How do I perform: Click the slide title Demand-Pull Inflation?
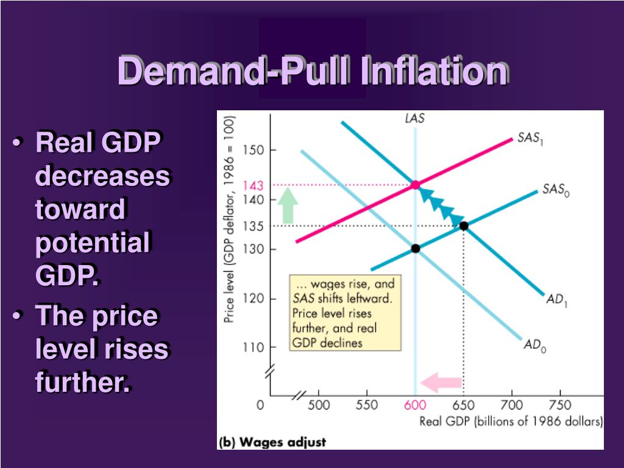point(313,71)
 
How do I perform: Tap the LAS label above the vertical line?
point(415,119)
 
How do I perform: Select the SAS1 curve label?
point(530,138)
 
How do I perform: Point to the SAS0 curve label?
point(556,190)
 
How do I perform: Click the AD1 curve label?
point(557,300)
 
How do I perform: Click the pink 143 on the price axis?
point(252,185)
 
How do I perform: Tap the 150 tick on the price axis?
point(253,150)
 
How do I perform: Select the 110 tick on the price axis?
point(253,348)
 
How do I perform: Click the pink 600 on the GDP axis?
point(415,405)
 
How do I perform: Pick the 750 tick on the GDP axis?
point(559,405)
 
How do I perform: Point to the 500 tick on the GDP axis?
point(318,405)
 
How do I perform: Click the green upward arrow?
point(289,205)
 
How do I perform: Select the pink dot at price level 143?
point(416,185)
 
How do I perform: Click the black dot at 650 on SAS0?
point(464,226)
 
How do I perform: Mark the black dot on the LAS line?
point(416,248)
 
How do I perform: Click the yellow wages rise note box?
point(345,313)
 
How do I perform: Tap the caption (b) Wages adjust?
point(272,442)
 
